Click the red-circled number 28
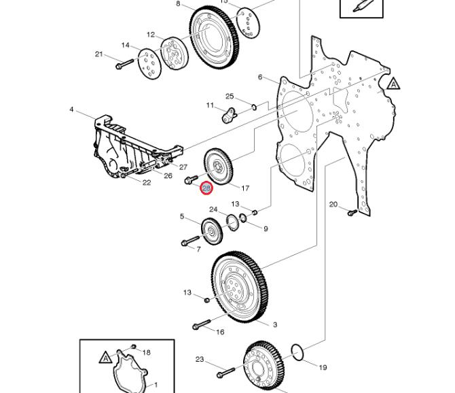tap(207, 188)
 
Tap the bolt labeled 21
tap(125, 65)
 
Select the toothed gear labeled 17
tap(219, 167)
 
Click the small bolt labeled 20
tap(352, 213)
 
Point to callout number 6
tap(259, 77)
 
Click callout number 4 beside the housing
tap(71, 109)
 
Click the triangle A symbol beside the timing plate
tap(395, 84)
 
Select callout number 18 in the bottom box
tap(147, 352)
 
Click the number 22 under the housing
tap(147, 182)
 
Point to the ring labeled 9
tap(243, 218)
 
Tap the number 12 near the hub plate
tap(151, 35)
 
